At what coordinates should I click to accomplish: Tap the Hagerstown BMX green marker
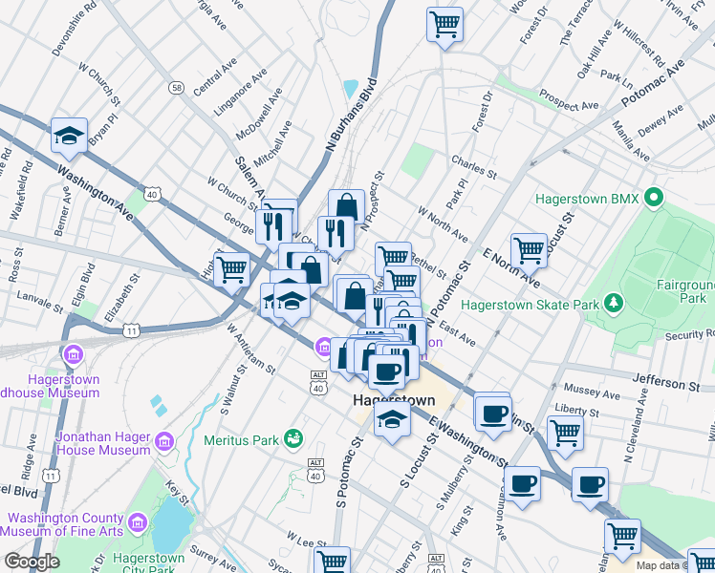coord(654,199)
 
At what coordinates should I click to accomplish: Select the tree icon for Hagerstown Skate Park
coord(613,305)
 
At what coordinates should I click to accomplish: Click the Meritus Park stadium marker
coord(293,439)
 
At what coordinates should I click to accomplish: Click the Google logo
coord(32,562)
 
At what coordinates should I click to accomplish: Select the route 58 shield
coord(176,88)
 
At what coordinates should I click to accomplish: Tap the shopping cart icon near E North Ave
coord(529,249)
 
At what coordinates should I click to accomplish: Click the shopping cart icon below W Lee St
coord(333,562)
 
